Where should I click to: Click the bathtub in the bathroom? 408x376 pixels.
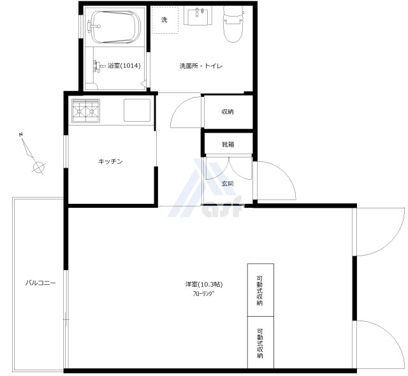click(x=115, y=27)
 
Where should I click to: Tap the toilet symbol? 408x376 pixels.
click(x=233, y=24)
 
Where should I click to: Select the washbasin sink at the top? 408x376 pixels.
click(x=198, y=16)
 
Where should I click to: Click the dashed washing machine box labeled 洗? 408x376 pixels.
click(x=165, y=20)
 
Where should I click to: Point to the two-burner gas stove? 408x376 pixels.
click(x=86, y=110)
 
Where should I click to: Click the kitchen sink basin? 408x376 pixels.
click(x=137, y=110)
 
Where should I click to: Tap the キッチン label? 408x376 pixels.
click(x=110, y=161)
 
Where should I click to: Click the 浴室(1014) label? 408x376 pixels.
click(x=124, y=66)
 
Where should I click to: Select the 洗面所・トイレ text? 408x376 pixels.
click(x=201, y=66)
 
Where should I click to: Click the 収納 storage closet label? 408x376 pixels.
click(x=228, y=112)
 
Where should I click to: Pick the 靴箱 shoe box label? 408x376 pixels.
click(x=228, y=144)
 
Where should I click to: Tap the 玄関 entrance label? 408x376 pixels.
click(x=228, y=184)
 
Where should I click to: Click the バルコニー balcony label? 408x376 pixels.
click(x=40, y=283)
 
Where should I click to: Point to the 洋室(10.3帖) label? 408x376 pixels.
click(x=204, y=284)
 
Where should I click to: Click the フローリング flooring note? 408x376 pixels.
click(x=203, y=294)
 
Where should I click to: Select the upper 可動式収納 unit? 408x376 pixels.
click(x=261, y=290)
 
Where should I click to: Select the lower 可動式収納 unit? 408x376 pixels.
click(x=261, y=342)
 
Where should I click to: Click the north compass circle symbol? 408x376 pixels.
click(x=38, y=166)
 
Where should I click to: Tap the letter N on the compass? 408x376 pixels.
click(x=21, y=134)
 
